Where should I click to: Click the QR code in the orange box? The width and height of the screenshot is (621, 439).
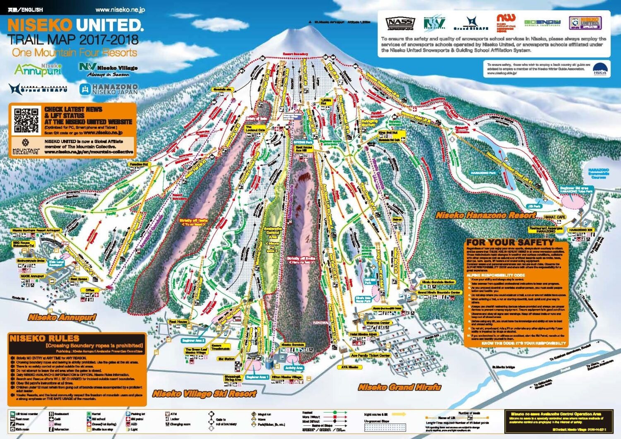pos(26,120)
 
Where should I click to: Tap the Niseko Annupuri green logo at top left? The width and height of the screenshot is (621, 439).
pos(38,70)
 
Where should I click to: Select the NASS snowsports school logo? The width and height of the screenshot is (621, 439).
pos(400,24)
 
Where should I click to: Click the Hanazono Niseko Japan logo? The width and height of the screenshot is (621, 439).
pos(108,89)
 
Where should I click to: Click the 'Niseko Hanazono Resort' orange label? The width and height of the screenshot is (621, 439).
pos(485,216)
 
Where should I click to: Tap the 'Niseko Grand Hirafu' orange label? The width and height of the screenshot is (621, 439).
pos(399,387)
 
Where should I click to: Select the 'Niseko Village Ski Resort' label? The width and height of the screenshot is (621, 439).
pos(205,393)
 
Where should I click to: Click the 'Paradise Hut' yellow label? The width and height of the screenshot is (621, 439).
pos(139,165)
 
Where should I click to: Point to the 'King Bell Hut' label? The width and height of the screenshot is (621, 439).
pos(388,133)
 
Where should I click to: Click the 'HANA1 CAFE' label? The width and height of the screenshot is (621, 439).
pos(554,217)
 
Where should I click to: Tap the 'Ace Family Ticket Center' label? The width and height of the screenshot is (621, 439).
pos(371,355)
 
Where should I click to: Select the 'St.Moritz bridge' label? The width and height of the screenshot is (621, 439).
pos(503,367)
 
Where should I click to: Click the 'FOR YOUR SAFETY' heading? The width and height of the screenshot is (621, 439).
pos(510,242)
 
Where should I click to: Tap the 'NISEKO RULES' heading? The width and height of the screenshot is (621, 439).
pos(44,338)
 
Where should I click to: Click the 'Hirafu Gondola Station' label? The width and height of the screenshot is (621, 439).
pos(438,282)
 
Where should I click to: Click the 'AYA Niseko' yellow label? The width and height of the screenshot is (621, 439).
pos(349,367)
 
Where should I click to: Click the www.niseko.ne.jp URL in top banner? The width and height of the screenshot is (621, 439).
pos(120,10)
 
